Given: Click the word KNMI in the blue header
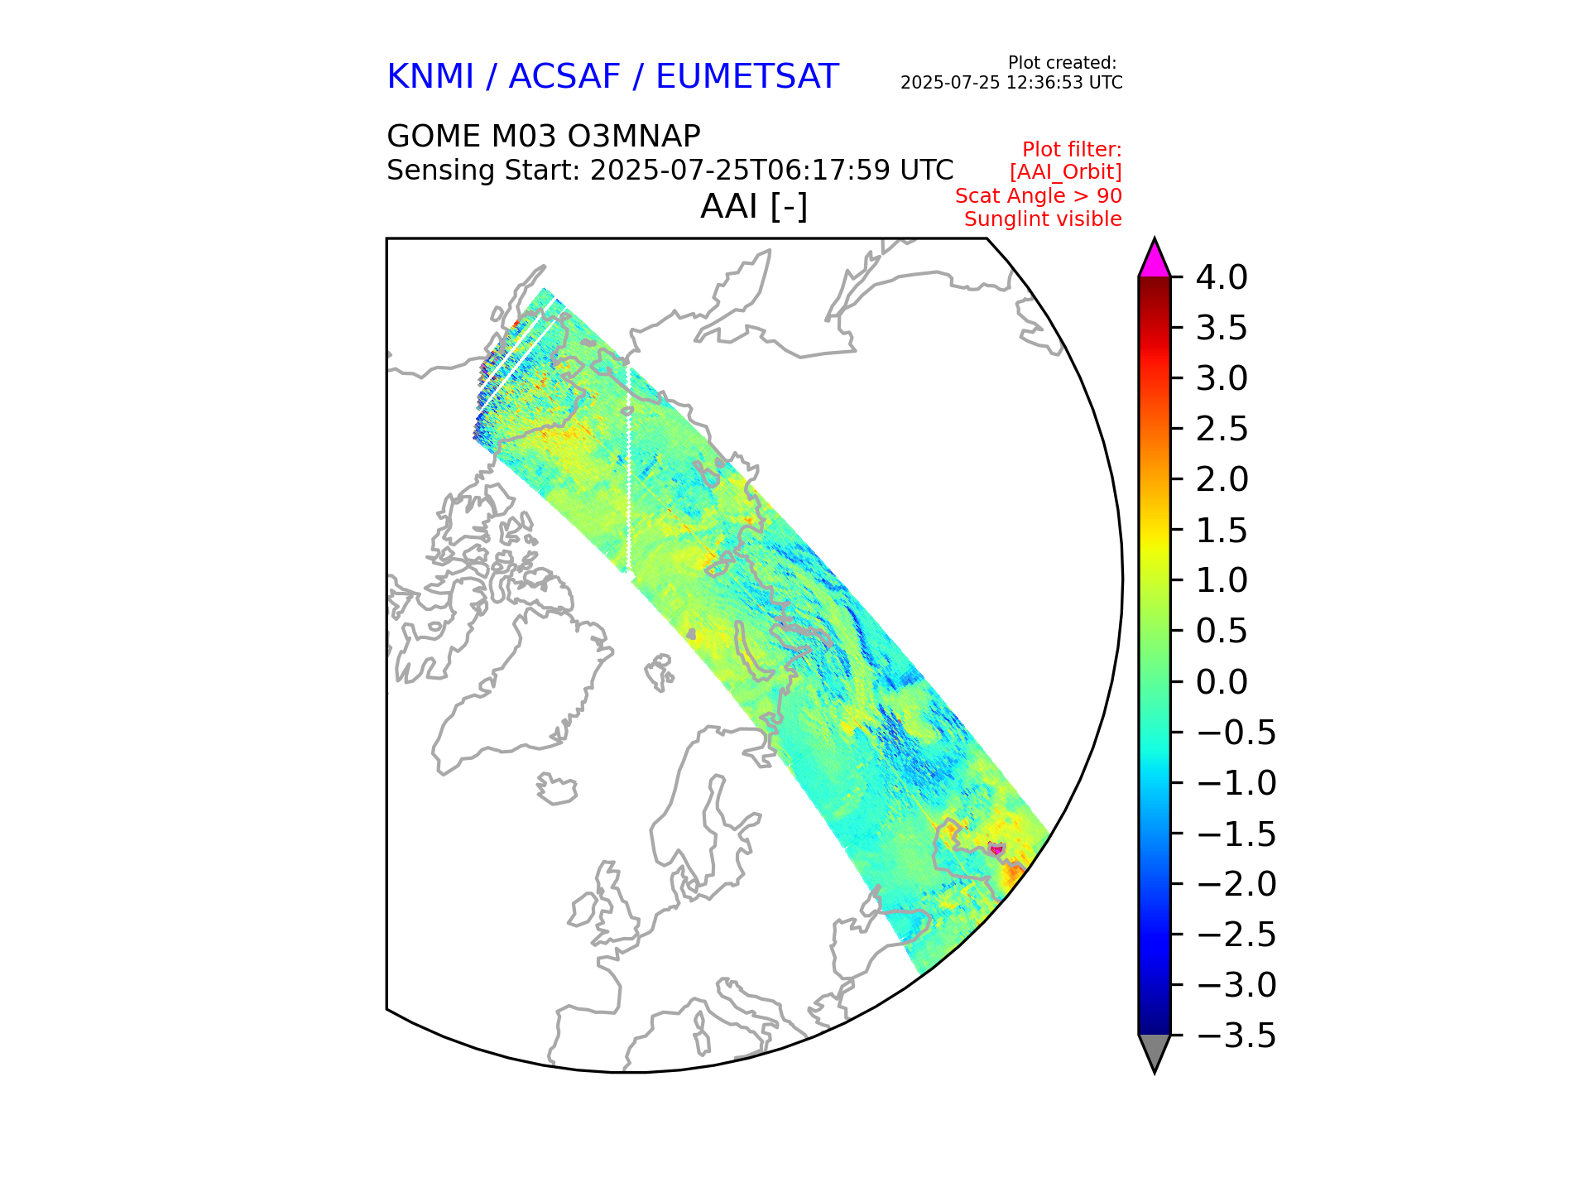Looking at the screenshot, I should [430, 77].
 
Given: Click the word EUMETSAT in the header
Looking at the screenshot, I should [746, 77].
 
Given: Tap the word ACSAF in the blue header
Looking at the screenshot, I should [564, 77].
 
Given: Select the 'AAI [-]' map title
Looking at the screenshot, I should [753, 206].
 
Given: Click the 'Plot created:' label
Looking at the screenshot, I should [1062, 63].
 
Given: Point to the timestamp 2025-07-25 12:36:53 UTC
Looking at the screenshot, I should [1011, 83].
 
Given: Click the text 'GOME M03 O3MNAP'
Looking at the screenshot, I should [544, 136].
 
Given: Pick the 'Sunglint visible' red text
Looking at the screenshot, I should [1043, 219].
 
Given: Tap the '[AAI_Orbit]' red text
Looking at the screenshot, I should [1065, 172].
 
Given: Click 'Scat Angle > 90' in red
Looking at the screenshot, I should [1038, 196].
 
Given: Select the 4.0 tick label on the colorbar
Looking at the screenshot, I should [1222, 278].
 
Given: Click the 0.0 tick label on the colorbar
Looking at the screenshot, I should [1222, 682].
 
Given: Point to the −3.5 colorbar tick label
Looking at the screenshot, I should [1236, 1036].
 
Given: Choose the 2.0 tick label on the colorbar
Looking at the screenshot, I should [1222, 480].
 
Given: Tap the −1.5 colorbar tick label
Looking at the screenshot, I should [1236, 834].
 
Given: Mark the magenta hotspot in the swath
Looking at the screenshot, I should [996, 849].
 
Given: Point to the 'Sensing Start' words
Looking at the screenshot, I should [483, 171].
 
